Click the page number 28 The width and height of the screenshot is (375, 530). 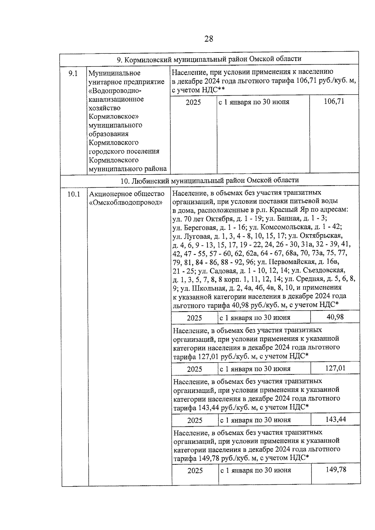pyautogui.click(x=209, y=39)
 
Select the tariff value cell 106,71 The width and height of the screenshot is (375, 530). pyautogui.click(x=334, y=101)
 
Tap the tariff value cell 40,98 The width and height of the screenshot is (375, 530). pyautogui.click(x=335, y=317)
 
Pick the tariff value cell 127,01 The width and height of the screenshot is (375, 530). pyautogui.click(x=335, y=368)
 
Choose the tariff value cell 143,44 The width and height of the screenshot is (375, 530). pyautogui.click(x=336, y=419)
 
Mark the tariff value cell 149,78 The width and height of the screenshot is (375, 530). pyautogui.click(x=336, y=470)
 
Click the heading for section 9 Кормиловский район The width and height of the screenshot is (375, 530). pyautogui.click(x=209, y=59)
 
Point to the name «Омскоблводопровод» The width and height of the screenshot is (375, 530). pyautogui.click(x=126, y=202)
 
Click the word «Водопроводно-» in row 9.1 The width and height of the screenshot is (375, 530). pyautogui.click(x=115, y=91)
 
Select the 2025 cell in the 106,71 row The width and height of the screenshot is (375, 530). pyautogui.click(x=193, y=102)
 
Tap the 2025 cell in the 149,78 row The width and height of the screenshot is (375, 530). pyautogui.click(x=195, y=471)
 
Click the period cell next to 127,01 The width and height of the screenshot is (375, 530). pyautogui.click(x=255, y=369)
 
